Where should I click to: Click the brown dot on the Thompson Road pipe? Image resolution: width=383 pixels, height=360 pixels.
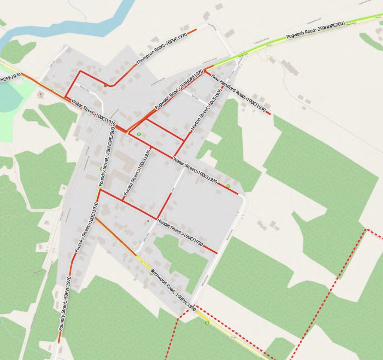tap(106, 85)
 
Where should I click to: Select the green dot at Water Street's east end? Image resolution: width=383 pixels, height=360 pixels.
tap(228, 186)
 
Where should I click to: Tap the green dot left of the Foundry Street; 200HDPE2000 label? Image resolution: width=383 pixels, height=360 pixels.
tap(101, 169)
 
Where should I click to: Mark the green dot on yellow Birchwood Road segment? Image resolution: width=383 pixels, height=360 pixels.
tap(207, 322)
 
